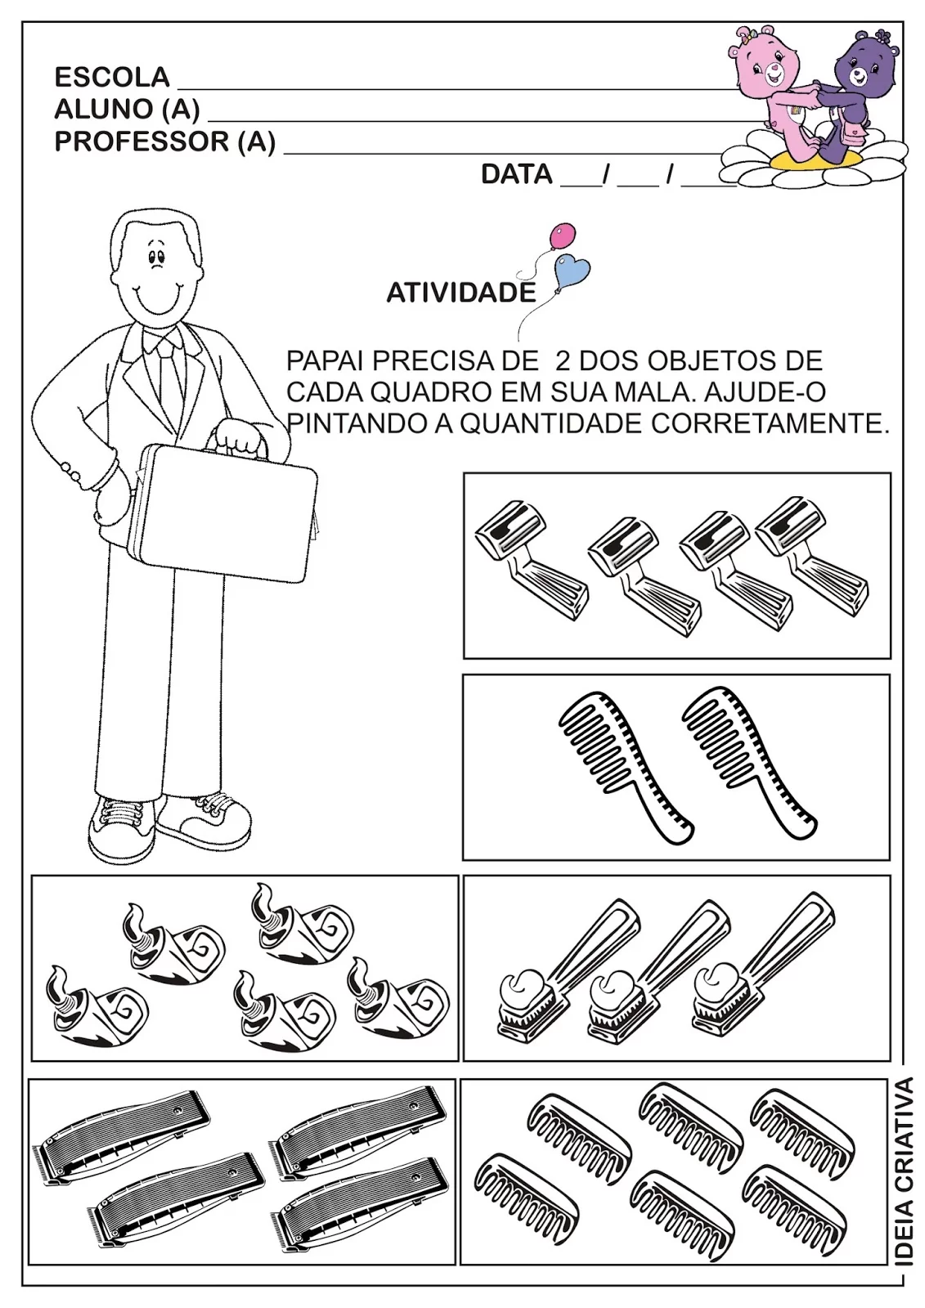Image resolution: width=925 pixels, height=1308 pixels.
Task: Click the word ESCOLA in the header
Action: coord(111,77)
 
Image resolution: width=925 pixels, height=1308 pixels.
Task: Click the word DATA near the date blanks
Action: coord(516,174)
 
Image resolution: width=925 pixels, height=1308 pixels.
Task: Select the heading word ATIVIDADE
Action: coord(460,293)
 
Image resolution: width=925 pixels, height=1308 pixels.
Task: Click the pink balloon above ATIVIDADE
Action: coord(561,236)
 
